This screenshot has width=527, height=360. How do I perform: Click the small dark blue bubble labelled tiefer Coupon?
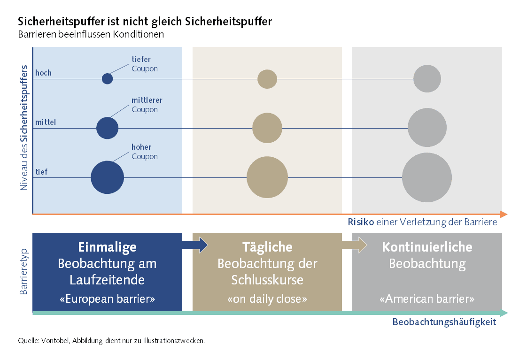coord(107,79)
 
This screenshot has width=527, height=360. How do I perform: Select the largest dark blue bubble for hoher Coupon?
coord(107,177)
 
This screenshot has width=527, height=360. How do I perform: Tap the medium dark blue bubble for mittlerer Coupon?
coord(107,128)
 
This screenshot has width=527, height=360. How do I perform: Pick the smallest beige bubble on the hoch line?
coord(267,79)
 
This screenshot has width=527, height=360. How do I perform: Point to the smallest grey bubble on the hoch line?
coord(427,78)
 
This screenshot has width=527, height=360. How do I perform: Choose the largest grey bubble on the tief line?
coord(427,177)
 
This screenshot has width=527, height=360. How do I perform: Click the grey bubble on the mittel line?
coord(427,127)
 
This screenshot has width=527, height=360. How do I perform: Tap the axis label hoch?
coord(43,73)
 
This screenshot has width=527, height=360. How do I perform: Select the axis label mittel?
coord(46,122)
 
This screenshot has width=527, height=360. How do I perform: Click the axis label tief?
coord(41,172)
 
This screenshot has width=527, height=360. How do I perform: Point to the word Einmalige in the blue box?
coord(107,247)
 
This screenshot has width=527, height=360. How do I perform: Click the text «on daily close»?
coord(267,299)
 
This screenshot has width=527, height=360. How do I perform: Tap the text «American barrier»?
coord(426,299)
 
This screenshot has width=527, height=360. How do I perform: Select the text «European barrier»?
coord(107,299)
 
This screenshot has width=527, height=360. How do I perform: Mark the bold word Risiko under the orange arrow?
coord(360,222)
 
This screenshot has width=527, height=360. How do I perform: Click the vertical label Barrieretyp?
coord(24,272)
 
